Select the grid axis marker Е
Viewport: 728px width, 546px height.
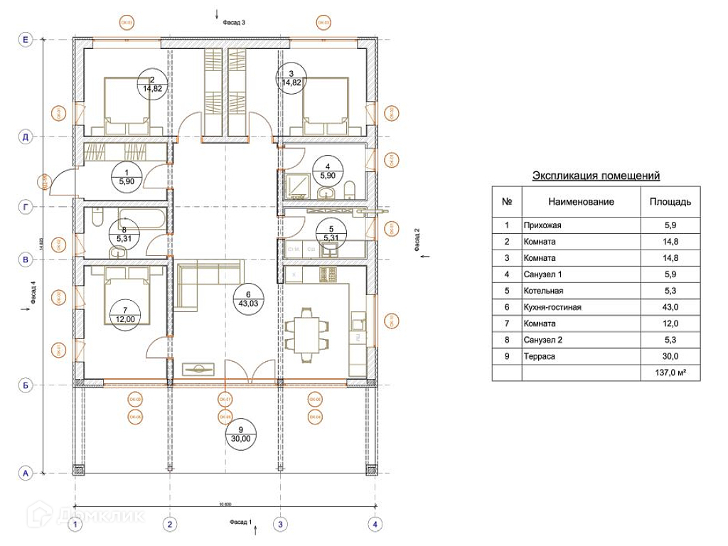tap(26, 41)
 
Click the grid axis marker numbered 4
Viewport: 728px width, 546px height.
tap(375, 525)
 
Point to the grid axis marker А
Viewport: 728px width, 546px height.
tap(26, 472)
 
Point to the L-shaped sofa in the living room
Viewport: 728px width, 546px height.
tap(203, 284)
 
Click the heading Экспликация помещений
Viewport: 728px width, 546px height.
tap(596, 175)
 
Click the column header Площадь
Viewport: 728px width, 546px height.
tap(670, 202)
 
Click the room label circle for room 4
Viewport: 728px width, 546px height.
tap(328, 170)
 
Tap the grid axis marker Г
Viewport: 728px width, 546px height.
tap(26, 207)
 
